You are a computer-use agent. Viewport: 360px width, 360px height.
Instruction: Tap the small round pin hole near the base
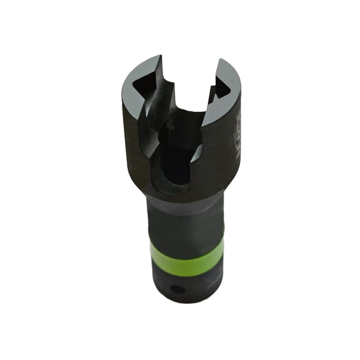(x=179, y=289)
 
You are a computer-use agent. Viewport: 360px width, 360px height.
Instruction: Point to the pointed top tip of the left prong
(x=159, y=57)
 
